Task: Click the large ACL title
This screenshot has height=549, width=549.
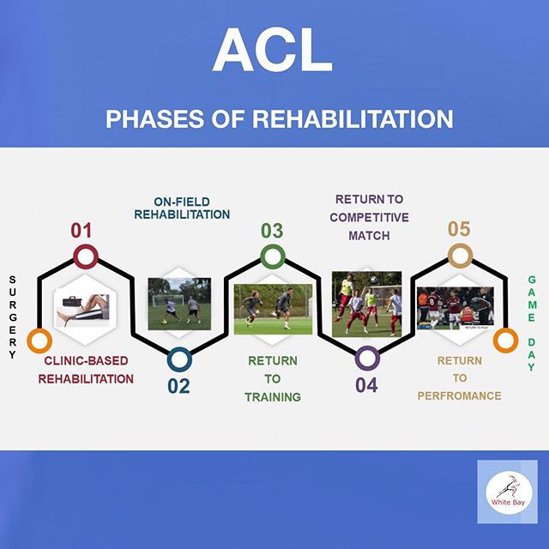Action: click(x=273, y=50)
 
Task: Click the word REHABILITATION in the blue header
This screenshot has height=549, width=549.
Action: click(x=353, y=118)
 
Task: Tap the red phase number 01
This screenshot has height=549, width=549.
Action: click(x=81, y=231)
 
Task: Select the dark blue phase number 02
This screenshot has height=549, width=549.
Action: click(x=178, y=386)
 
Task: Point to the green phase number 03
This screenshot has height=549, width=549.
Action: click(x=272, y=231)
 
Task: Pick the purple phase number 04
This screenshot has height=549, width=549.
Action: click(x=366, y=385)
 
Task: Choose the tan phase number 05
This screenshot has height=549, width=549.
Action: click(x=459, y=229)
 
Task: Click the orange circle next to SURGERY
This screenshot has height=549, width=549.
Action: click(x=39, y=341)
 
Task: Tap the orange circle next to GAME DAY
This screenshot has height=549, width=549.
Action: click(x=505, y=340)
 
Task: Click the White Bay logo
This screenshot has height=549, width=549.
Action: click(x=509, y=492)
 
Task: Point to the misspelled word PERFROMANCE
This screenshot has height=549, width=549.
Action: click(x=460, y=396)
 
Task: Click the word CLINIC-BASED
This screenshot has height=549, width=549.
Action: click(x=86, y=360)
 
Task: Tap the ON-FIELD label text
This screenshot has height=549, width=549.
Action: click(x=182, y=202)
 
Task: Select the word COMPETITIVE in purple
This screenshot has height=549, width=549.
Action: click(x=369, y=217)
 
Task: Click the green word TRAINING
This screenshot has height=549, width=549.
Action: click(x=273, y=397)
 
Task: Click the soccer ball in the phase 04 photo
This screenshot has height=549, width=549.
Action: click(x=374, y=279)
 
